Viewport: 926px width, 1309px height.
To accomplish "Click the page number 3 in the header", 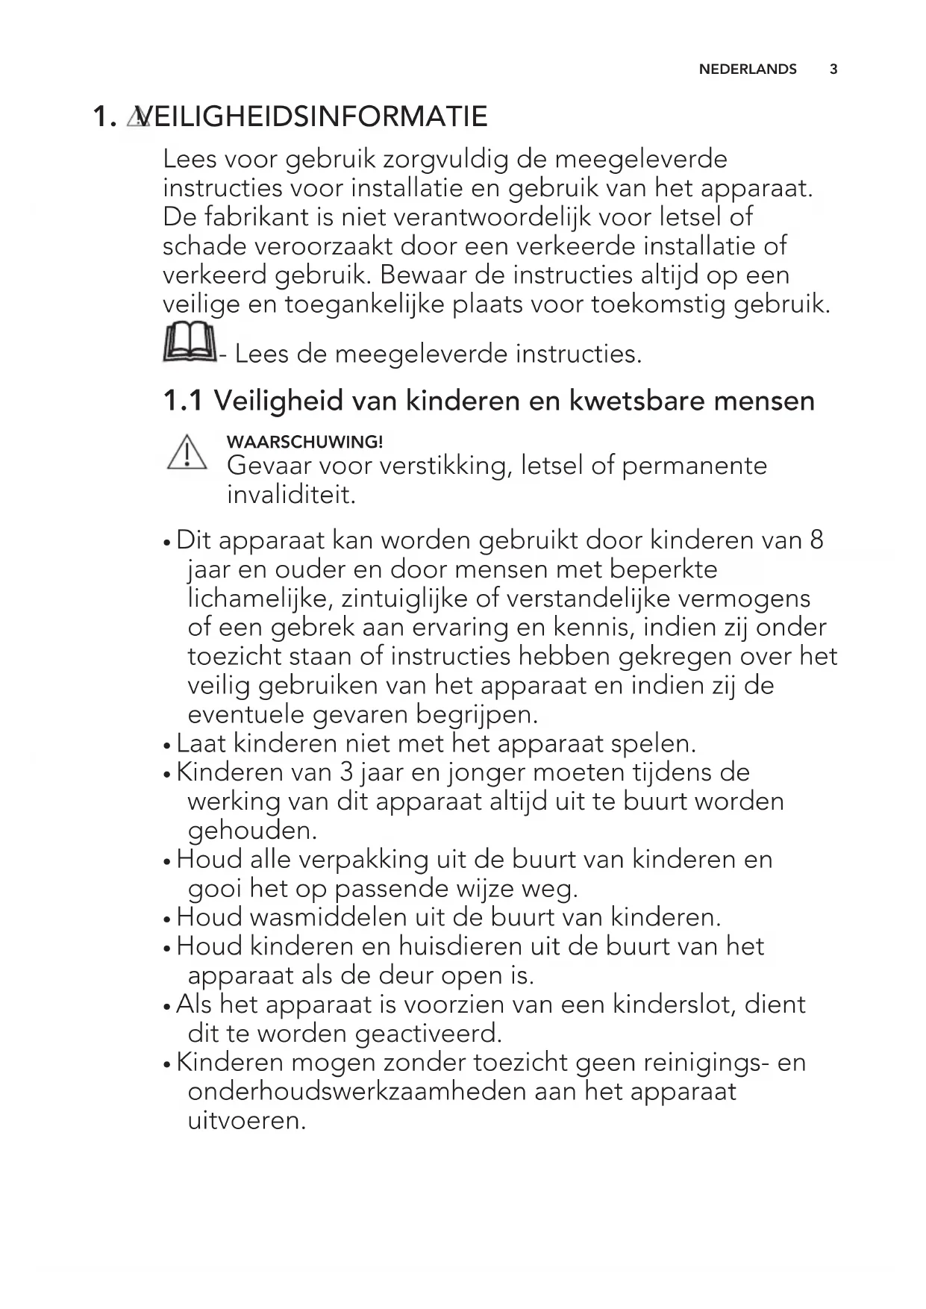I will click(833, 69).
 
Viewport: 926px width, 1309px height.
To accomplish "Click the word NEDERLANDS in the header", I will click(748, 69).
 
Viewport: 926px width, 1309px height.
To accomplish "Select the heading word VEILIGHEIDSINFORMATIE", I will click(313, 116).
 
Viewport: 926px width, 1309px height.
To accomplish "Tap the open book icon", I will click(190, 343).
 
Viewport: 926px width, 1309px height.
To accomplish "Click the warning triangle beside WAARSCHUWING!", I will click(187, 452).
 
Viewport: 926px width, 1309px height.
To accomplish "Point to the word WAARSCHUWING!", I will click(304, 442).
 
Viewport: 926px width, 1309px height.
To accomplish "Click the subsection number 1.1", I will click(182, 401).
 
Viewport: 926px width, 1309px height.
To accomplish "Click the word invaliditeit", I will click(291, 495).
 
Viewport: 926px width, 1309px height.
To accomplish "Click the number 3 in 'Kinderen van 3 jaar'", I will click(345, 772).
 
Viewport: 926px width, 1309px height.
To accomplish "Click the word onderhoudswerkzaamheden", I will click(356, 1091).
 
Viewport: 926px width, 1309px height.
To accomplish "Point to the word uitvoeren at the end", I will click(247, 1120).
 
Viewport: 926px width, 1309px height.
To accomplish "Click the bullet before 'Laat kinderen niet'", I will click(167, 745).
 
